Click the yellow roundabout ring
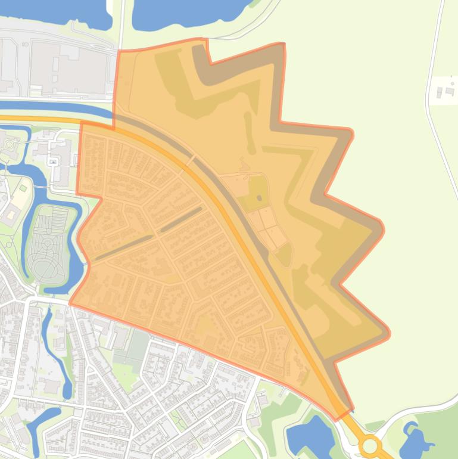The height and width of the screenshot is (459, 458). click(370, 445)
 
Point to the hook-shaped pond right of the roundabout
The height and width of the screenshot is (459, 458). click(416, 440)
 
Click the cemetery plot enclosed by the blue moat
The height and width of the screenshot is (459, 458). click(49, 244)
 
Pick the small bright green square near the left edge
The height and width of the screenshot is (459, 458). click(23, 188)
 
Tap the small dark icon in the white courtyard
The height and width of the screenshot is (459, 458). click(53, 162)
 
